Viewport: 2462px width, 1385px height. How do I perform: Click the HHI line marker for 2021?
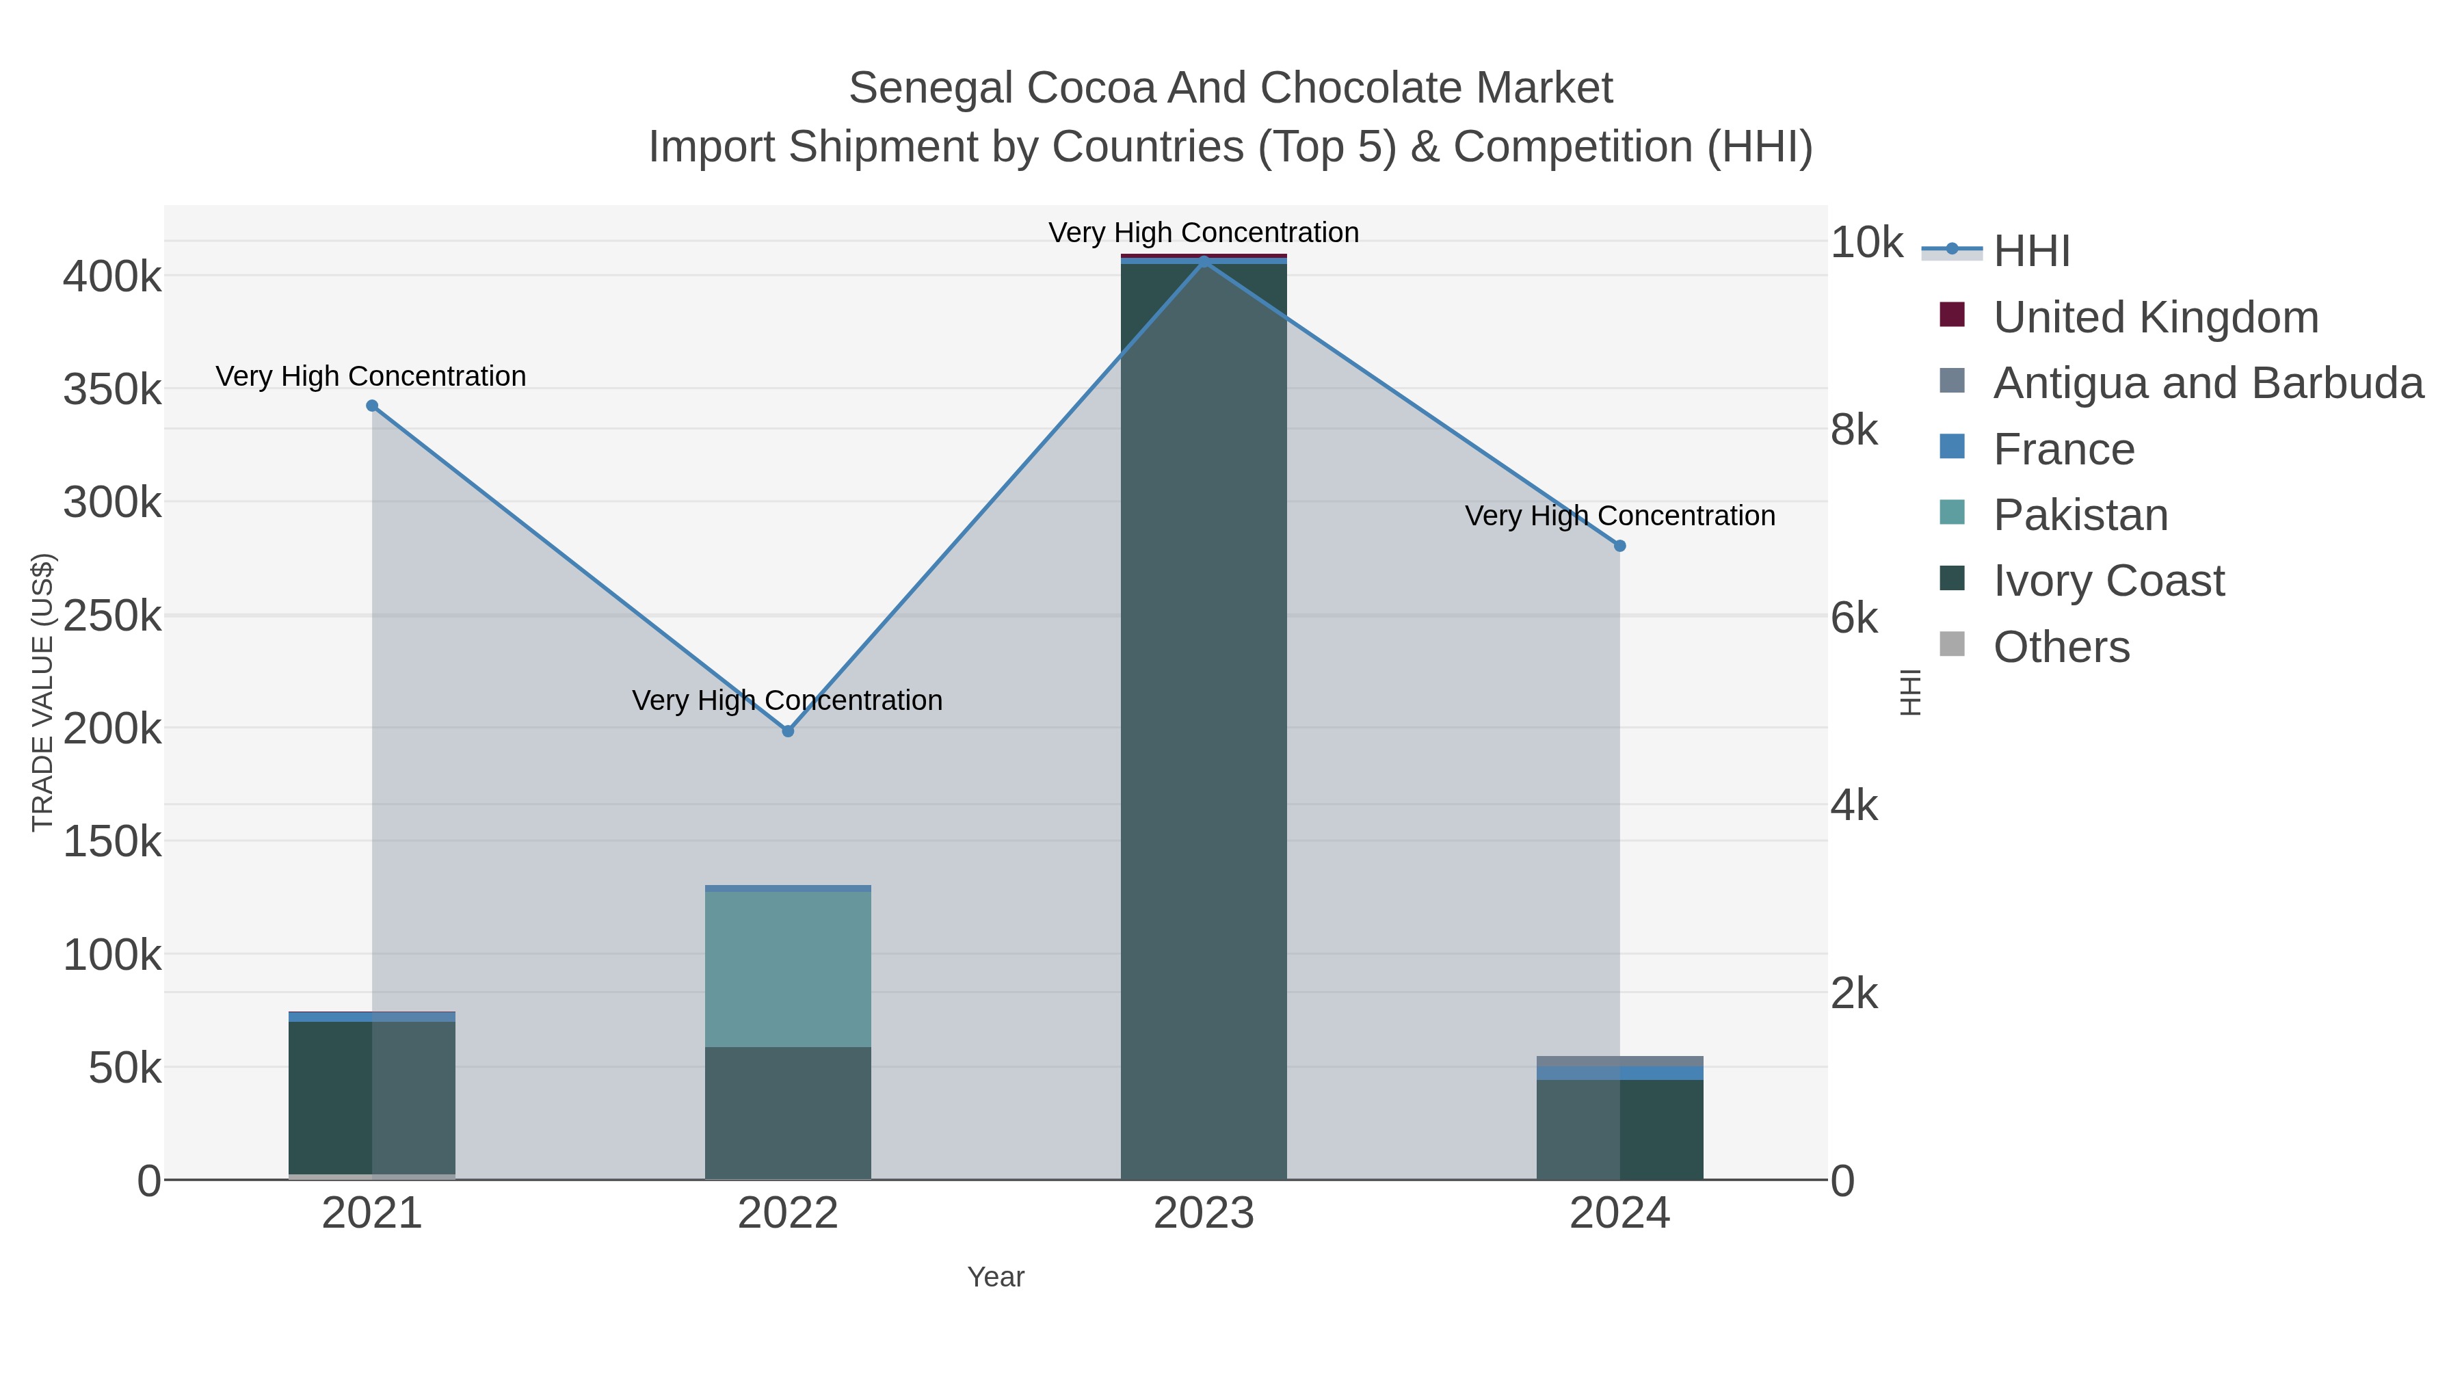click(x=372, y=406)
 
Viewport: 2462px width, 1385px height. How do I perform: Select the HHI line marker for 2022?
click(x=788, y=731)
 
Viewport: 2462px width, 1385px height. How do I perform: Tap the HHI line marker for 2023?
click(x=1203, y=261)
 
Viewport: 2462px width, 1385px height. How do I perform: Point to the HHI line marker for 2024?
click(x=1619, y=546)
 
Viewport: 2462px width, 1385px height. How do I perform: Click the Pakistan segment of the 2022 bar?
click(x=788, y=968)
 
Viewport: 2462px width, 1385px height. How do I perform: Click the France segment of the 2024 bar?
click(x=1619, y=1073)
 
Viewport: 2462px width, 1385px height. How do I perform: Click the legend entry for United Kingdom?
click(x=2155, y=317)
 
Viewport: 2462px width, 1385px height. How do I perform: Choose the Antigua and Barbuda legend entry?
click(x=2208, y=383)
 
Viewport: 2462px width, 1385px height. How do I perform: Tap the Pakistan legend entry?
click(x=2080, y=515)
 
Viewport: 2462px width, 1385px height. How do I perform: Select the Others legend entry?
click(x=2061, y=647)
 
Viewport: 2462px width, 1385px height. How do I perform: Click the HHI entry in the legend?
click(x=2031, y=252)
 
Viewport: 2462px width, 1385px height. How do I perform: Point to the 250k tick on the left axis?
click(x=112, y=616)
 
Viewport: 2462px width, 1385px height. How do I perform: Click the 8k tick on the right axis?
click(x=1854, y=431)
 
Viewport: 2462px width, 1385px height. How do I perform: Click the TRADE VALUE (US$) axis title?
click(x=43, y=692)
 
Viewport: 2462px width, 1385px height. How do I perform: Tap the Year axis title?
click(x=995, y=1277)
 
